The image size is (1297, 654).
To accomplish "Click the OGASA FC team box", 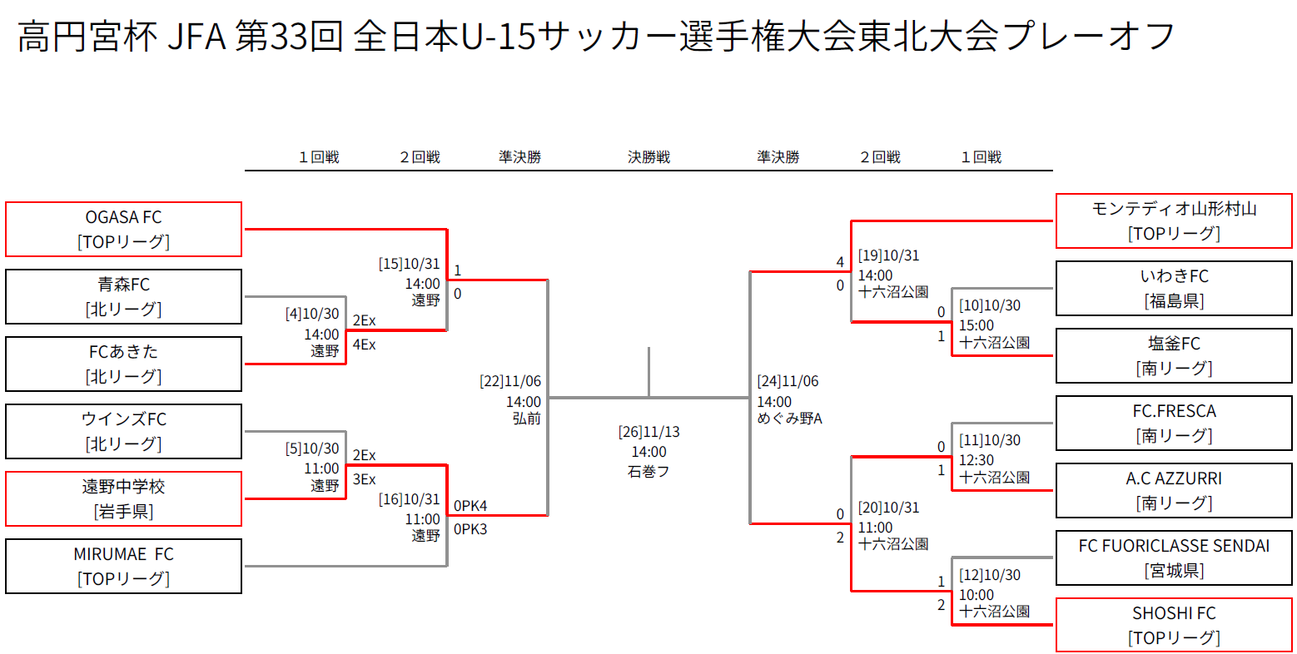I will point(123,229).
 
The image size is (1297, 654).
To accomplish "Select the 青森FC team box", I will point(123,296).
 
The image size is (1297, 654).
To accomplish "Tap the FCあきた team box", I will point(123,364).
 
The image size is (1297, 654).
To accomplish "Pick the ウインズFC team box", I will point(123,431).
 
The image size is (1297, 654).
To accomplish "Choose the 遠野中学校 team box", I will point(123,498).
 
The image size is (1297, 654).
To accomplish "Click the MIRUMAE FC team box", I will point(123,566).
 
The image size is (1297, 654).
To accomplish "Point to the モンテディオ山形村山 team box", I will point(1174,220).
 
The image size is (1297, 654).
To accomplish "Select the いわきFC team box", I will point(1174,288).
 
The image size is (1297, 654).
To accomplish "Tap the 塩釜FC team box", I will point(1174,355).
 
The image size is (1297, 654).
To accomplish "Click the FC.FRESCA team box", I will point(1174,423).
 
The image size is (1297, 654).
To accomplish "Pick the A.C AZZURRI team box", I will point(1174,490).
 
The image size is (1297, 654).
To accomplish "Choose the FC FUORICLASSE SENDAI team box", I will point(1174,557).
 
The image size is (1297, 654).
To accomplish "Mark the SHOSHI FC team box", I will point(1174,625).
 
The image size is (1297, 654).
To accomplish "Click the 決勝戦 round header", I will point(648,157).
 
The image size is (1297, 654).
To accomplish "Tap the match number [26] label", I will point(630,432).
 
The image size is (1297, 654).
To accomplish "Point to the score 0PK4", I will point(470,505).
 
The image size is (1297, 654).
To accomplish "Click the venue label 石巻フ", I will point(648,472).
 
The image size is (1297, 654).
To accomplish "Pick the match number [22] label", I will point(491,381).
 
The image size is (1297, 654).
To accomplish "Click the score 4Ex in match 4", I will point(364,344).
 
